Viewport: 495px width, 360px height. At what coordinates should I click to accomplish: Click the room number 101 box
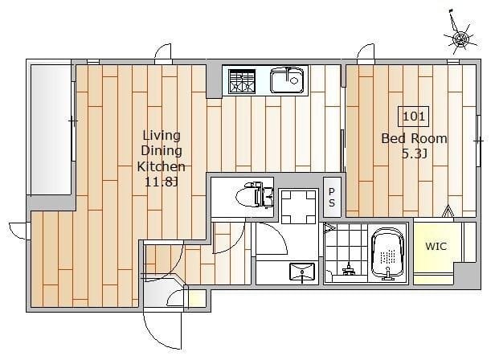(414, 117)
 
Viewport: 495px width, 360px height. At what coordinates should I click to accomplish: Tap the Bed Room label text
(414, 139)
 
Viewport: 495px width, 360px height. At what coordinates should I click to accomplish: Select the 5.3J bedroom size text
(415, 154)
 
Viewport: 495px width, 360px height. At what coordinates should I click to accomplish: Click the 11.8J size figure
(162, 182)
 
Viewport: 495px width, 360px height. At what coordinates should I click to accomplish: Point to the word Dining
(162, 151)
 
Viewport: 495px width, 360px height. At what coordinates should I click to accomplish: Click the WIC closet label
(436, 246)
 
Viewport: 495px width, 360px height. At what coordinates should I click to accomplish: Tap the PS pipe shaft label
(331, 197)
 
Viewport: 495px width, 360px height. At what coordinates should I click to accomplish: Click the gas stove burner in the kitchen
(242, 81)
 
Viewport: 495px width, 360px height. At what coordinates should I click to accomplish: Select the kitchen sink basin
(287, 80)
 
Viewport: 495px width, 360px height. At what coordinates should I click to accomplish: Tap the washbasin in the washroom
(302, 272)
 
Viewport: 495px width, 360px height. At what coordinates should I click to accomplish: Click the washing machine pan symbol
(298, 207)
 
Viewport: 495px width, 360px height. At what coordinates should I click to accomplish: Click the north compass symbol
(460, 38)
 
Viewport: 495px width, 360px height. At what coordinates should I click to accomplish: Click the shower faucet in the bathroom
(349, 269)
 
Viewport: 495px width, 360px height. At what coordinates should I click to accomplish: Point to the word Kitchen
(161, 166)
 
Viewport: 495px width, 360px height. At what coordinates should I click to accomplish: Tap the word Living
(162, 136)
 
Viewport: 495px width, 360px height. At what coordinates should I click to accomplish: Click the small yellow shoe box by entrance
(198, 298)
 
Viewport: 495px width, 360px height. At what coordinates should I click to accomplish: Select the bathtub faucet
(388, 274)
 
